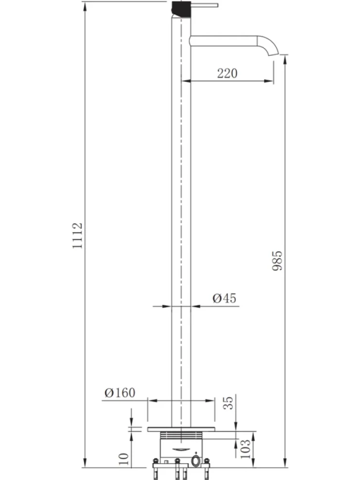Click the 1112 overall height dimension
77,236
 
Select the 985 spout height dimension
277,261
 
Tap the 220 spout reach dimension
227,73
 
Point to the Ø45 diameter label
225,298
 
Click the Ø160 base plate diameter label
120,393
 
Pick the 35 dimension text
228,403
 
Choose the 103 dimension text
245,449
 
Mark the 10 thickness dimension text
123,459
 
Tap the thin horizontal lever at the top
204,5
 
